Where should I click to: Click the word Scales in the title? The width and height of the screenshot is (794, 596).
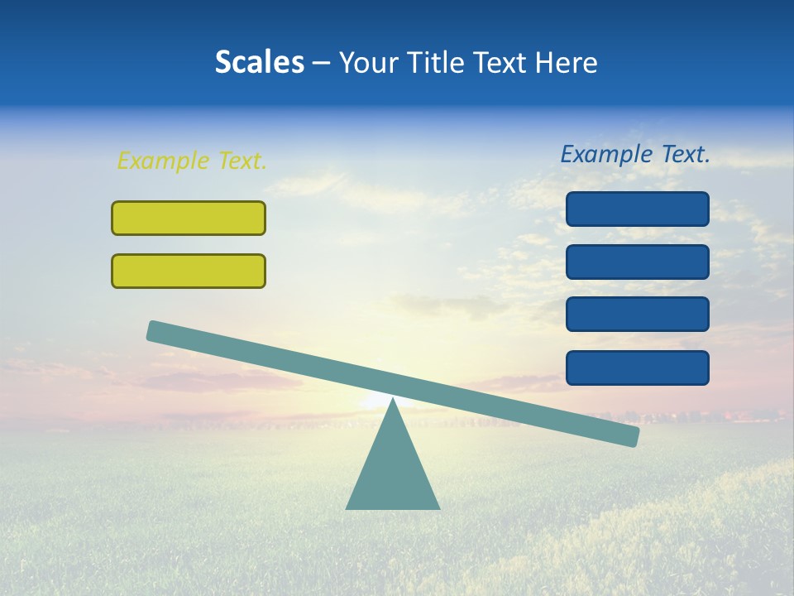coord(259,62)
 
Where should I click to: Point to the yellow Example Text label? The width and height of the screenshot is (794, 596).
coord(192,161)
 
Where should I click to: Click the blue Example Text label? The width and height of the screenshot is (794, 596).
coord(635,154)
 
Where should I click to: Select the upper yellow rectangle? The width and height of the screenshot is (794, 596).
coord(189,218)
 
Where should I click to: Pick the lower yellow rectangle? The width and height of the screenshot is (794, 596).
coord(189,271)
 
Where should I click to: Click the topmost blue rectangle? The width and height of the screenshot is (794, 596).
coord(638,209)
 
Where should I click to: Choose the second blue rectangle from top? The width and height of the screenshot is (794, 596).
coord(638,262)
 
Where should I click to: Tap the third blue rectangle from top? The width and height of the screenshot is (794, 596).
coord(638,315)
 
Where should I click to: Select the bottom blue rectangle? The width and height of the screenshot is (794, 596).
coord(638,368)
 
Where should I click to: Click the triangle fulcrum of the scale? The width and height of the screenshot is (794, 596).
coord(393,472)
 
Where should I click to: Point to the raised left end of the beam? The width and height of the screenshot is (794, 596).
coord(154,330)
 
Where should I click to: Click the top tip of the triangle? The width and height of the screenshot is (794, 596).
coord(393,401)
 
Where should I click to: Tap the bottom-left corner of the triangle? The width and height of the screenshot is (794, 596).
coord(348,507)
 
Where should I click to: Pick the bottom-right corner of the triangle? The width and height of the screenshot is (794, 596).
coord(438,507)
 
